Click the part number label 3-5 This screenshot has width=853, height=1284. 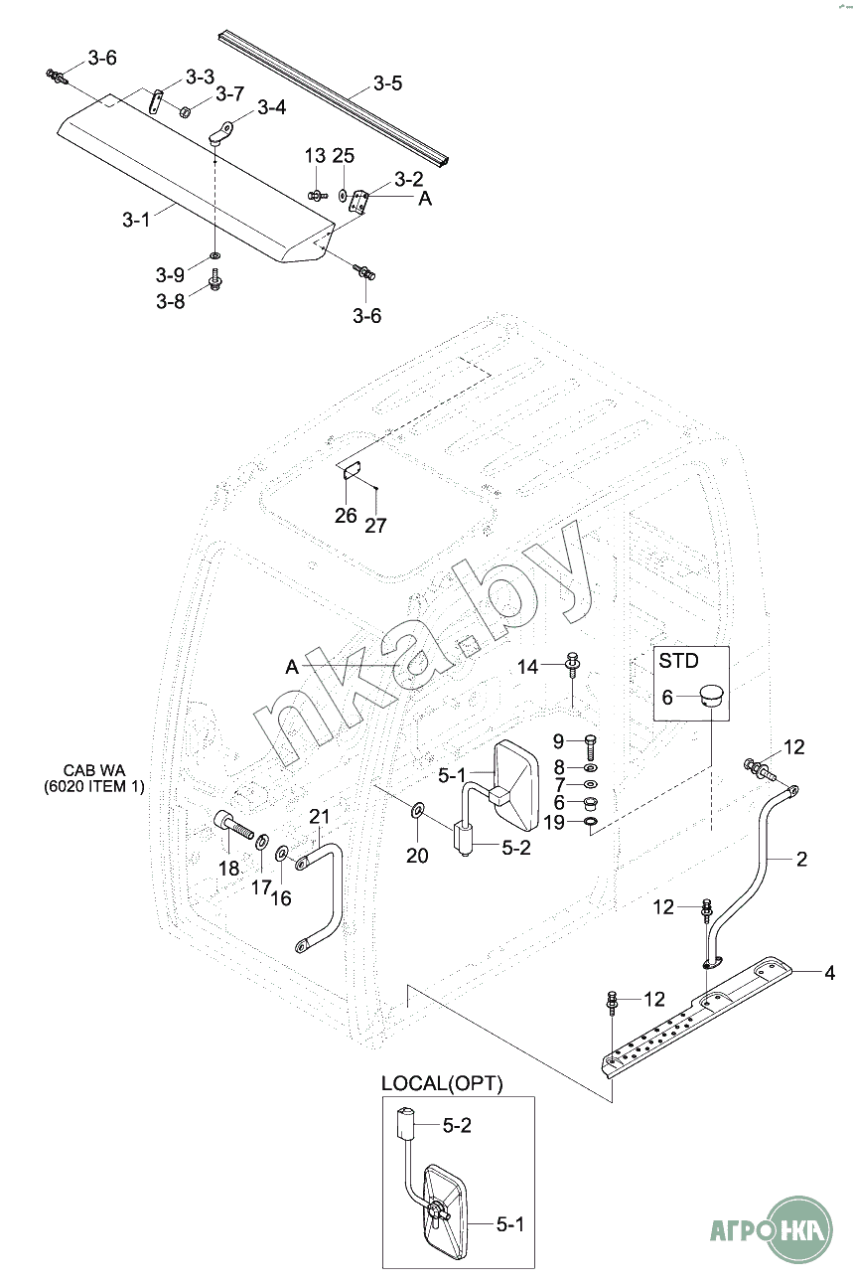pyautogui.click(x=388, y=83)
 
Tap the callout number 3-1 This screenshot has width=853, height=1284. pyautogui.click(x=136, y=219)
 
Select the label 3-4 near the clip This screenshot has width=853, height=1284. pyautogui.click(x=271, y=107)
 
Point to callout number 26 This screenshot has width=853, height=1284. pyautogui.click(x=346, y=516)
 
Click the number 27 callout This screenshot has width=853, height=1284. pyautogui.click(x=375, y=525)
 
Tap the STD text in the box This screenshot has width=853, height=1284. pyautogui.click(x=678, y=661)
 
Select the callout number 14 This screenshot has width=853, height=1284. pyautogui.click(x=528, y=667)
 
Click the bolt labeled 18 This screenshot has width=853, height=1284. pyautogui.click(x=235, y=828)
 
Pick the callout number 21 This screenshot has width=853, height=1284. pyautogui.click(x=320, y=816)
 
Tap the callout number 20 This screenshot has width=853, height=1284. pyautogui.click(x=417, y=856)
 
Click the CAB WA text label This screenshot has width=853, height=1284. pyautogui.click(x=94, y=770)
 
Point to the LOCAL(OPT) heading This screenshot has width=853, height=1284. pyautogui.click(x=442, y=1083)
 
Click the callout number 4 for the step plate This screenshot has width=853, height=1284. pyautogui.click(x=829, y=973)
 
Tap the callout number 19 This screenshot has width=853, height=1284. pyautogui.click(x=554, y=823)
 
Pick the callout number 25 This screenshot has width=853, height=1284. pyautogui.click(x=344, y=155)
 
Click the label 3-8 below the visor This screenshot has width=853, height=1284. pyautogui.click(x=171, y=301)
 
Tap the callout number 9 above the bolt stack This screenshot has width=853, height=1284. pyautogui.click(x=558, y=741)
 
